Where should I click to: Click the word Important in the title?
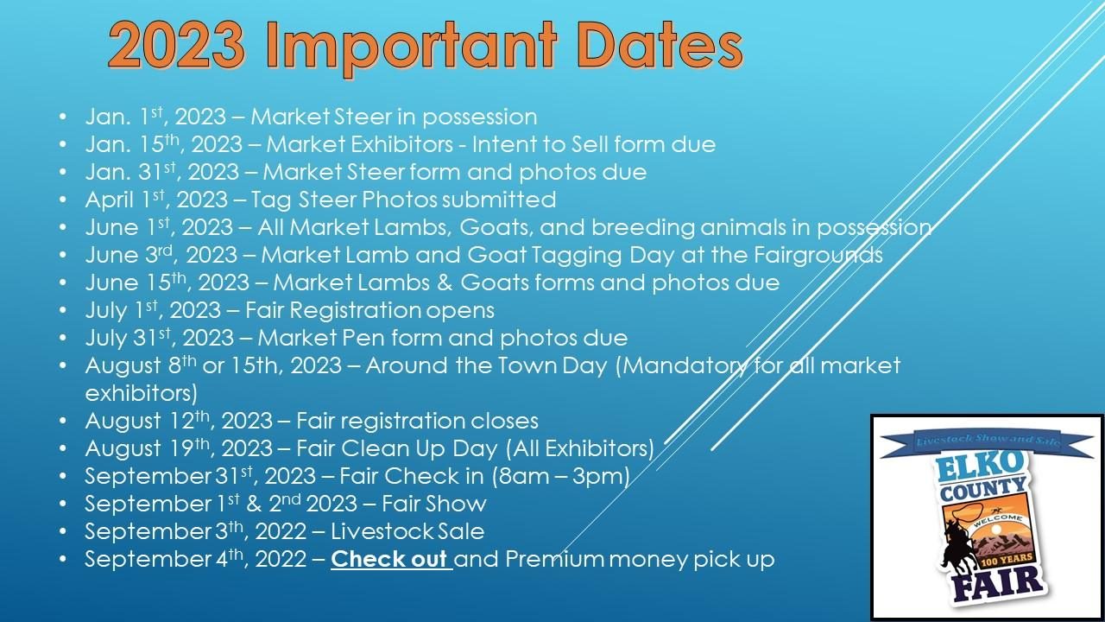(x=412, y=47)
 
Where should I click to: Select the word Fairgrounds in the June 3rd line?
(x=818, y=256)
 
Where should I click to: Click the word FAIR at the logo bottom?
(x=997, y=584)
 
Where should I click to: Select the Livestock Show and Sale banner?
(x=987, y=441)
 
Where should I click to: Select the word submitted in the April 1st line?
(x=499, y=200)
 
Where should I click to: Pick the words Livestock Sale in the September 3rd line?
(x=407, y=531)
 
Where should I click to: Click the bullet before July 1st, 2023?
(x=63, y=310)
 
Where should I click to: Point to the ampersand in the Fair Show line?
(x=254, y=504)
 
